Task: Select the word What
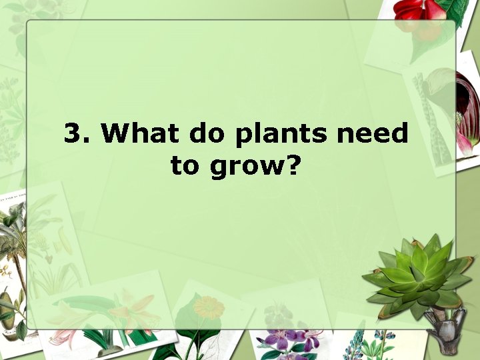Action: coord(140,133)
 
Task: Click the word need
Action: coord(372,133)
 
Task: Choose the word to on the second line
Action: coord(185,165)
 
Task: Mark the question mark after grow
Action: coord(291,165)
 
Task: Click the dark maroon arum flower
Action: coord(467,107)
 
